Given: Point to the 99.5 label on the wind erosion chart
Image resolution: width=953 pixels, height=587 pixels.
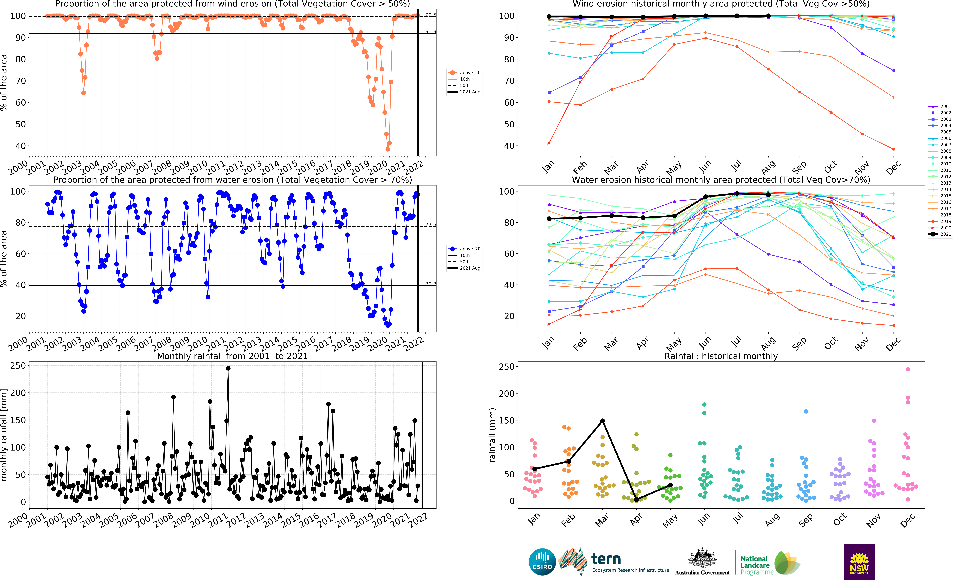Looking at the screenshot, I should (x=430, y=15).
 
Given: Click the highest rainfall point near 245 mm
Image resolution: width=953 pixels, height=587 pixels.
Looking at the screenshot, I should (x=228, y=368).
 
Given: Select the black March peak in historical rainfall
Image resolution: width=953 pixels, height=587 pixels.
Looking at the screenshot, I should (x=602, y=421).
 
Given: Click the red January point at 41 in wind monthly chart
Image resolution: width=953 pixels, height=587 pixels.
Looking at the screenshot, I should (x=549, y=143).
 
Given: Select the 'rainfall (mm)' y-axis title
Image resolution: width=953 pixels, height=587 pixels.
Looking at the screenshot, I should (x=492, y=435).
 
